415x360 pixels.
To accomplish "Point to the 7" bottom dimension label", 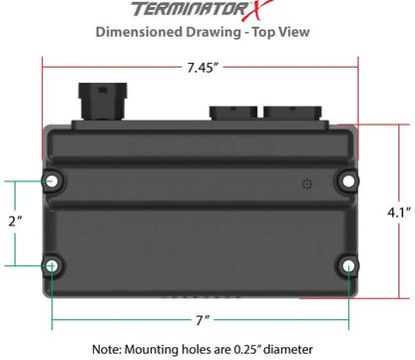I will [x=203, y=320].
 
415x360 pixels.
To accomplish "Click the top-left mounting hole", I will [x=50, y=180].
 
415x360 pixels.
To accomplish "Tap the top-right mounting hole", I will [x=348, y=180].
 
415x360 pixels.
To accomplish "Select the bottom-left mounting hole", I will [x=50, y=265].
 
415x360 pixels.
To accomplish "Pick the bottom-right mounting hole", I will [x=348, y=265].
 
